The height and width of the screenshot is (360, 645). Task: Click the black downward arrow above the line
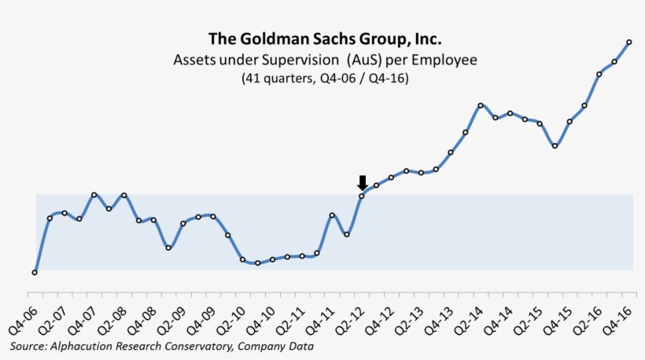pos(362,183)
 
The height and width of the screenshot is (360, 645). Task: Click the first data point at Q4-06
pos(35,273)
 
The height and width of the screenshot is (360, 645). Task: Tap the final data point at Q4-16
pos(629,42)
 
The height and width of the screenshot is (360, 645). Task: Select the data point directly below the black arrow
pos(362,196)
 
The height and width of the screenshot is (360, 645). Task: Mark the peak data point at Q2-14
pos(481,105)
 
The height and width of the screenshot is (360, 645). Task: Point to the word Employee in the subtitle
pos(448,60)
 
